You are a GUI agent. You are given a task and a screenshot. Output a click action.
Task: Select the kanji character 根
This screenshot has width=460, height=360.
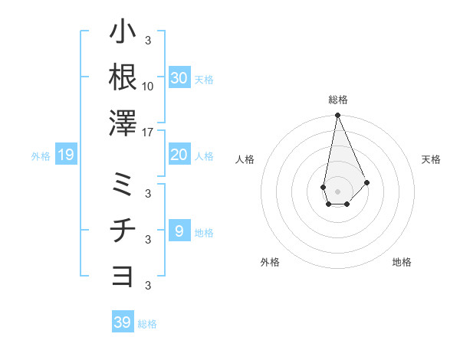(x=123, y=77)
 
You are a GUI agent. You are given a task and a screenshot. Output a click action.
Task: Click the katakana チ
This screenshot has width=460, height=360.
(x=123, y=231)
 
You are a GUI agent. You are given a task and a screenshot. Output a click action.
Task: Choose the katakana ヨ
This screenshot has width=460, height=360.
(x=123, y=277)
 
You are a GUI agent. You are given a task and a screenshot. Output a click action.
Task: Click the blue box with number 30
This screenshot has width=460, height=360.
(x=179, y=78)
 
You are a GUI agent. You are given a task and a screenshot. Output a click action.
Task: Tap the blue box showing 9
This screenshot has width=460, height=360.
(x=179, y=231)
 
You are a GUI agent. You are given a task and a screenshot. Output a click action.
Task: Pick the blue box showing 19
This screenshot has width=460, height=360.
(x=66, y=155)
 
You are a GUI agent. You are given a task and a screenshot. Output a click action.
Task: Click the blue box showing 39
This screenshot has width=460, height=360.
(x=122, y=322)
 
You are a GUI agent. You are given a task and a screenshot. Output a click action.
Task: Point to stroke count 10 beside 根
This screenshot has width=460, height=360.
(x=148, y=86)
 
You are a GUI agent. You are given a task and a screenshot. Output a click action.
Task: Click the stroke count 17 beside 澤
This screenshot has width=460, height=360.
(x=148, y=133)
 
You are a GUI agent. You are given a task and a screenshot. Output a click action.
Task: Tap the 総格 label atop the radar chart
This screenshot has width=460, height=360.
(x=337, y=100)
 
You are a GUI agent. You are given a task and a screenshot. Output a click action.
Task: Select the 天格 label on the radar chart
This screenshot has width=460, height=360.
(x=431, y=159)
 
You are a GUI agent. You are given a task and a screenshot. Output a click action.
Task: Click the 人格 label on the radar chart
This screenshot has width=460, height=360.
(x=245, y=159)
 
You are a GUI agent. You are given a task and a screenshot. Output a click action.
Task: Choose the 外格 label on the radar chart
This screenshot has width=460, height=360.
(x=270, y=262)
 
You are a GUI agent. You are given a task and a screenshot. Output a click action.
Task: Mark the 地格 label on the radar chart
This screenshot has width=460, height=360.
(x=402, y=262)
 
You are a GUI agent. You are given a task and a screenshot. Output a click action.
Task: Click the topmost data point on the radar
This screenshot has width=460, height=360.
(x=337, y=116)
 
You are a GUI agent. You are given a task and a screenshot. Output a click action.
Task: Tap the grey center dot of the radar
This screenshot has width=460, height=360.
(x=337, y=191)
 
